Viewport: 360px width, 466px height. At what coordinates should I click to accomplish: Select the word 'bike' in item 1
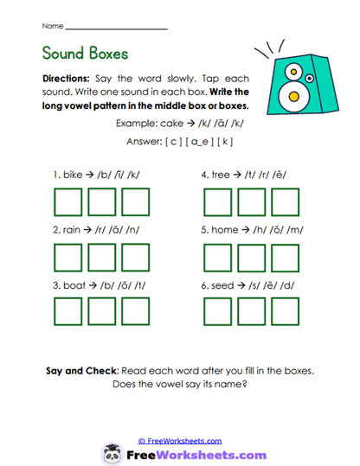click(74, 175)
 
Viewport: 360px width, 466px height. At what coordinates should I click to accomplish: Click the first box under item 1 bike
click(69, 201)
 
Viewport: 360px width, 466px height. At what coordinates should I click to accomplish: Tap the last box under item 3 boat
click(135, 313)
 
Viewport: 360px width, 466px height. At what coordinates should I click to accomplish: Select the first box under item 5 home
click(219, 258)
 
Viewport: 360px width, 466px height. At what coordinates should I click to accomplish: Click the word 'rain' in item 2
click(74, 230)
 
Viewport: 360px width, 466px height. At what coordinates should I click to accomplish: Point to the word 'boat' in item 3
click(74, 286)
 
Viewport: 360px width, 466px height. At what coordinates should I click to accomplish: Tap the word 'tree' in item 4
click(222, 175)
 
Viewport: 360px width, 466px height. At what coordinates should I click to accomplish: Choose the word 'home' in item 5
click(226, 230)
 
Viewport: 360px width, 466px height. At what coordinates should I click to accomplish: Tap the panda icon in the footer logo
click(112, 453)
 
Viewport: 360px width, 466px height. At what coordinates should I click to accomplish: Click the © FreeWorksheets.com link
click(180, 440)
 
